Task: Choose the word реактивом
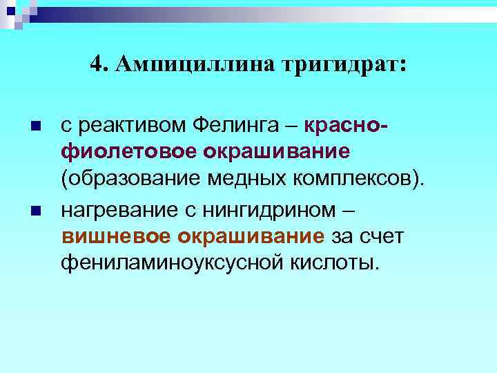[132, 126]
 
